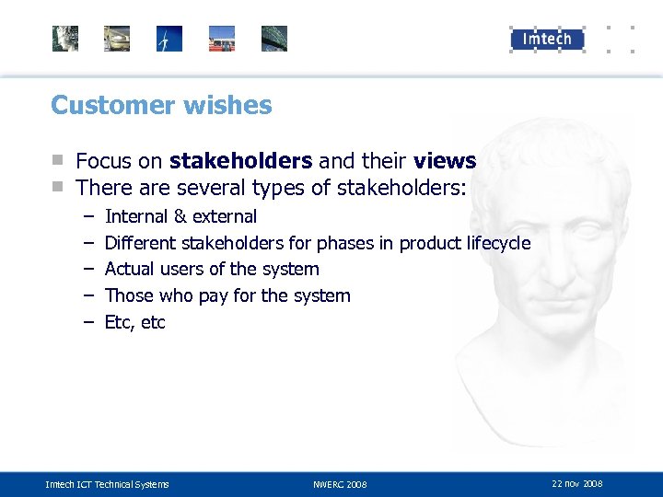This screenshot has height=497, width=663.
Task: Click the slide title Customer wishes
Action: coord(161,105)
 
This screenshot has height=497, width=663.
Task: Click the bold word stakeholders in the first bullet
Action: coord(240,161)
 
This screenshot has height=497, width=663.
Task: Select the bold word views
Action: coord(445,161)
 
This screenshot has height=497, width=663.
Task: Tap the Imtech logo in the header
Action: coord(547,39)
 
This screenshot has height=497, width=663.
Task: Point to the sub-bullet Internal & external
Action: coord(180,216)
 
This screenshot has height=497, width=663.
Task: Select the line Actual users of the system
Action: coord(212,269)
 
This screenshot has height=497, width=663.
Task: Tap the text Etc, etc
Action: coord(134,322)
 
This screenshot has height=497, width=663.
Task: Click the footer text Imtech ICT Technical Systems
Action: coord(107,484)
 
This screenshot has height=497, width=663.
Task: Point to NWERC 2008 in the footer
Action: coord(339,484)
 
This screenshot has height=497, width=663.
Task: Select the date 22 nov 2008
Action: coord(576,483)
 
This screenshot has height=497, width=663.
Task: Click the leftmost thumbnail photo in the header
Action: coord(65,39)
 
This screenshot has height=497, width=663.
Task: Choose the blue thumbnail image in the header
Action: coord(169,39)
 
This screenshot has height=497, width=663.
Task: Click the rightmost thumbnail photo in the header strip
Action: coord(273,39)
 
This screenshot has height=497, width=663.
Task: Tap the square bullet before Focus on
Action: coord(58,161)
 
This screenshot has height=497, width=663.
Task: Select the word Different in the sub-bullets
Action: coord(141,243)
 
